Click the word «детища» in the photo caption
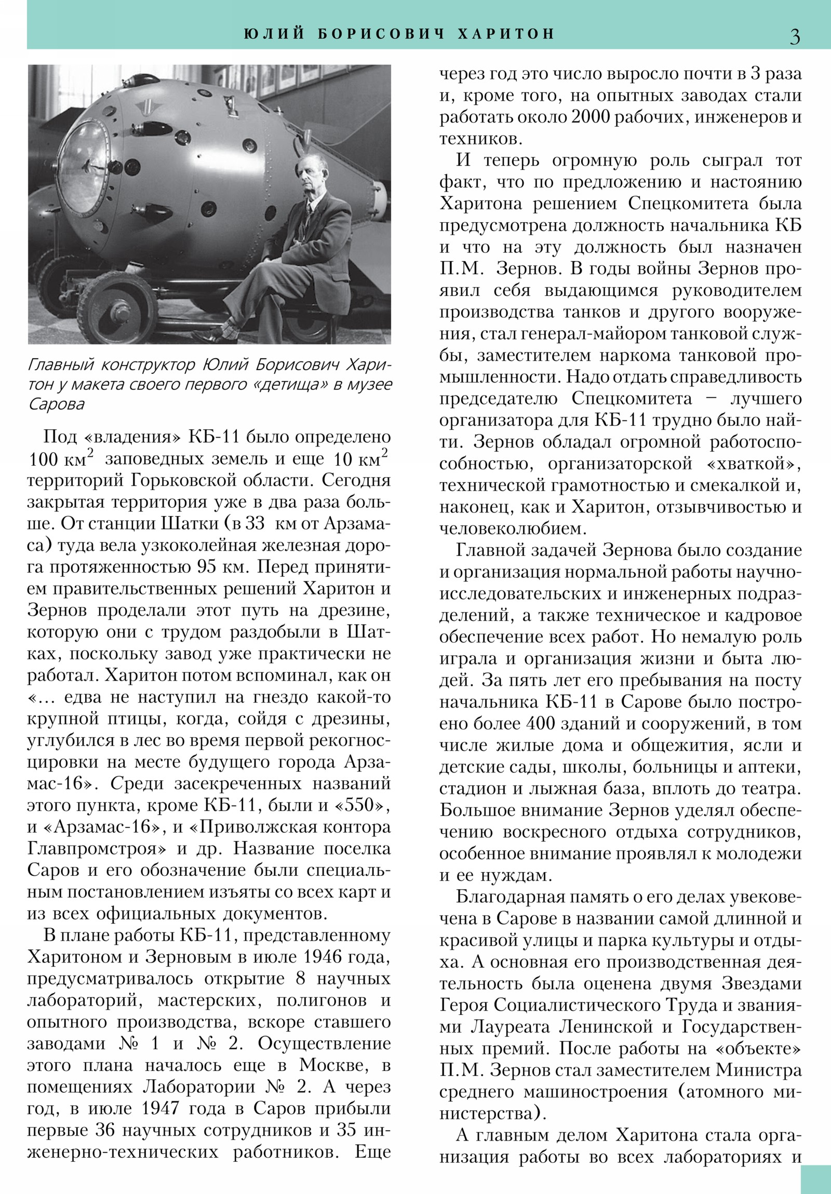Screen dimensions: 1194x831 289,384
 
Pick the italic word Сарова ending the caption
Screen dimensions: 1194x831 56,404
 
